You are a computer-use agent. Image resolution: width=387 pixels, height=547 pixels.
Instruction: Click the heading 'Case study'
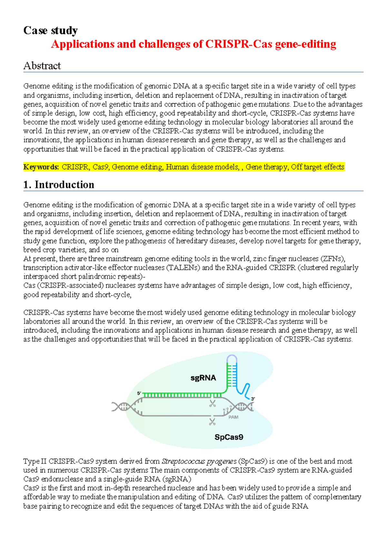coord(50,30)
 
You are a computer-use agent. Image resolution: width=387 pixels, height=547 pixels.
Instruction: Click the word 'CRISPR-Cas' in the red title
coord(239,44)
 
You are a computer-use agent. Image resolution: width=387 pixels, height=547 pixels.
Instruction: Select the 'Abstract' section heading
coord(42,66)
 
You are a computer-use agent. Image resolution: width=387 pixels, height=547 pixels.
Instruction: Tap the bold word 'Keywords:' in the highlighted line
coord(41,167)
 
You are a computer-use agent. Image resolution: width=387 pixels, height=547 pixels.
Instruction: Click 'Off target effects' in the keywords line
coord(317,167)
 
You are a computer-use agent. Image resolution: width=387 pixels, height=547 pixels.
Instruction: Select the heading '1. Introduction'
coord(59,185)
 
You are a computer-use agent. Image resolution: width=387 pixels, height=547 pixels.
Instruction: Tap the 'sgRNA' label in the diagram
coord(203,378)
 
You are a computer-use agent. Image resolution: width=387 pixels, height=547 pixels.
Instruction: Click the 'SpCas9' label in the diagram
coord(229,437)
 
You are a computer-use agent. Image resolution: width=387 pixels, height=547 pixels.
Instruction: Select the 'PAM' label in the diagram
coord(233,417)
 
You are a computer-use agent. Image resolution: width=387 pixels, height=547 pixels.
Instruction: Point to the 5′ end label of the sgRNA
coord(139,393)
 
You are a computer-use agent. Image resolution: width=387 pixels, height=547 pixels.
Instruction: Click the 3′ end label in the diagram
coord(253,399)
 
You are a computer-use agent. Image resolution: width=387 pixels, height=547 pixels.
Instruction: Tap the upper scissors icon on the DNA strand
coord(212,403)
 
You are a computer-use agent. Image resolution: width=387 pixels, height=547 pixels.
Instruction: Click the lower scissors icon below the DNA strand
coord(212,422)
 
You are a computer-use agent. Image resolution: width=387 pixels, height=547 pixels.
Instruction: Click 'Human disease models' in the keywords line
coord(202,167)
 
